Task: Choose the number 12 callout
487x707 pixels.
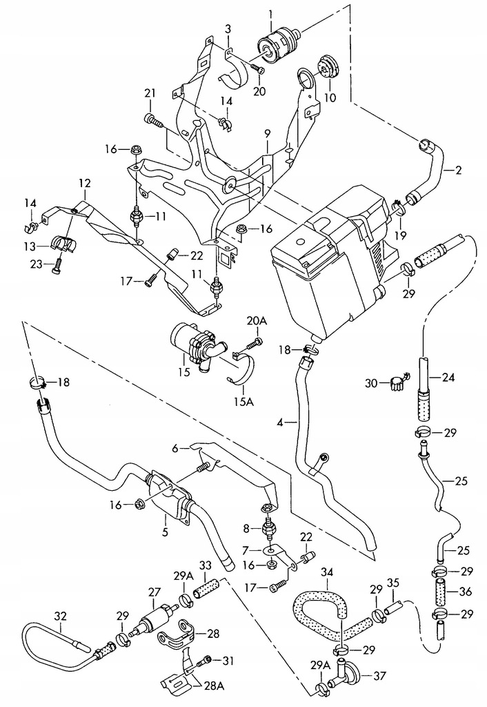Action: [84, 184]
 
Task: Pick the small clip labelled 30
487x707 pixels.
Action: [396, 382]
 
